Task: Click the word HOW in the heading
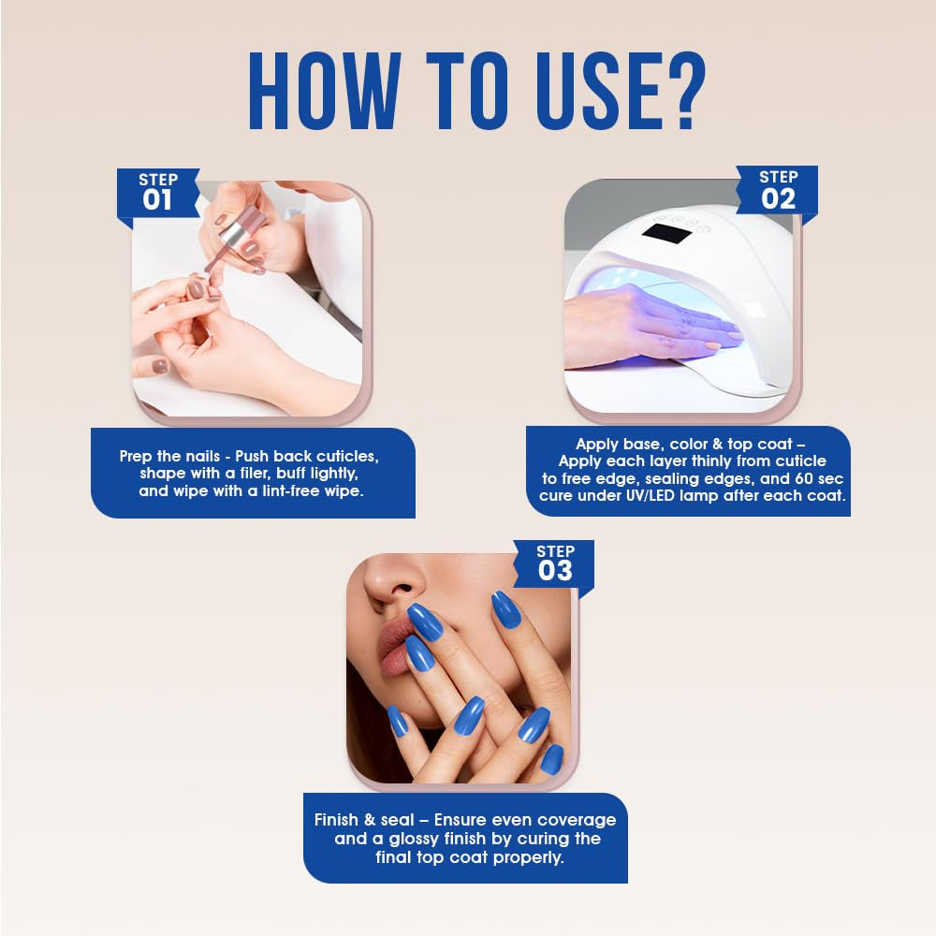(324, 91)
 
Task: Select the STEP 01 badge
(158, 194)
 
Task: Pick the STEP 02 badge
(777, 192)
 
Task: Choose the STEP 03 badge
(554, 565)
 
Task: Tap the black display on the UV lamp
(666, 234)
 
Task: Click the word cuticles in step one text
(347, 456)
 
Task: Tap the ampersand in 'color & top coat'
(718, 444)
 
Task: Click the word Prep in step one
(136, 457)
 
